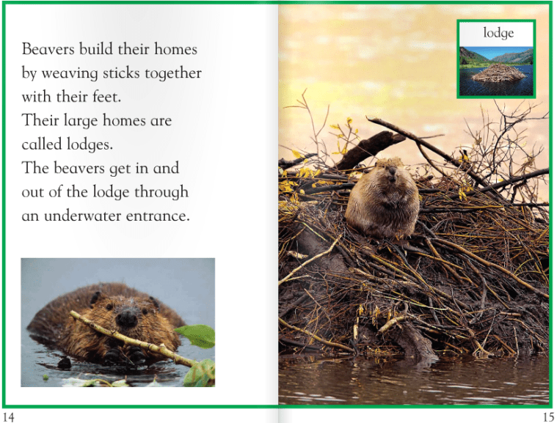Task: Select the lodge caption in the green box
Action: click(x=498, y=34)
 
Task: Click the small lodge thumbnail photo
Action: click(x=496, y=70)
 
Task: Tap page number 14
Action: click(x=8, y=416)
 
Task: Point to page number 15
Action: click(x=547, y=416)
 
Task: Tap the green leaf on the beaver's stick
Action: click(x=196, y=335)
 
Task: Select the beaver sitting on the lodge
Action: click(x=382, y=199)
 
